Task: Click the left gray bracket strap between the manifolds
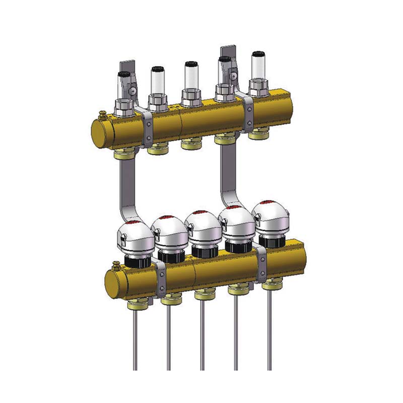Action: point(127,186)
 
